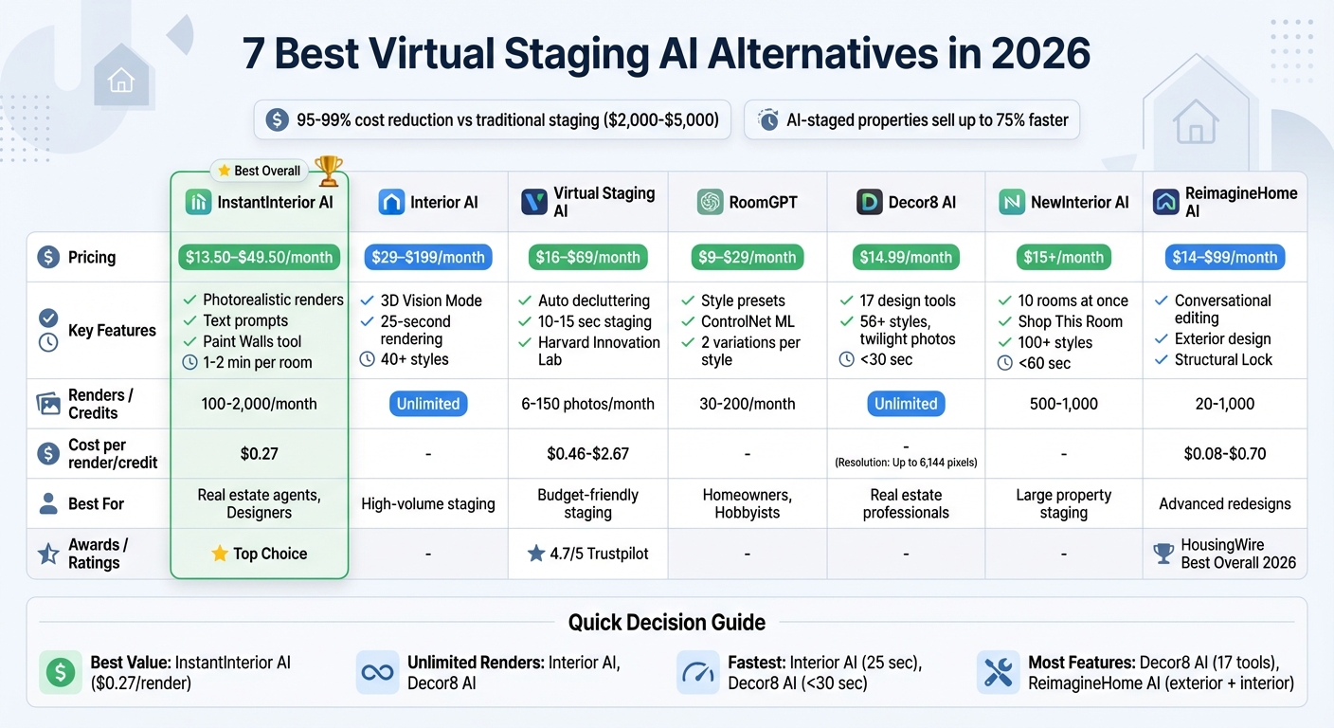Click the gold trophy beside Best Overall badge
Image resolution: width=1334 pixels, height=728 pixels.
[329, 170]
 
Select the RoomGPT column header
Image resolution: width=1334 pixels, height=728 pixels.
[748, 202]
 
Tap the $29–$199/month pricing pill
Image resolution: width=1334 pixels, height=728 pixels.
[428, 257]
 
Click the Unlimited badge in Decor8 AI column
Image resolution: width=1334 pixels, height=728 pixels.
[906, 404]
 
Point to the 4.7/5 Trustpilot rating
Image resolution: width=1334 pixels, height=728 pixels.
[588, 554]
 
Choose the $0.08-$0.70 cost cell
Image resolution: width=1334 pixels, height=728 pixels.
[1225, 454]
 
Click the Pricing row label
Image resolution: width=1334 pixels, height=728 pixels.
[92, 257]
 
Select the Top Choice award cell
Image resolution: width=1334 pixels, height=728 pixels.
[260, 554]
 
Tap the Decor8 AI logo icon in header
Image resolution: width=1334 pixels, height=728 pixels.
[870, 202]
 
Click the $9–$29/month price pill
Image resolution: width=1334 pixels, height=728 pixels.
[748, 257]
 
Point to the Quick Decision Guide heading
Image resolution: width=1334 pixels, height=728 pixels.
[667, 623]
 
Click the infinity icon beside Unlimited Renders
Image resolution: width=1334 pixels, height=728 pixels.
[378, 672]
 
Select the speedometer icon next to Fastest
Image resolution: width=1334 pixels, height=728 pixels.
[698, 672]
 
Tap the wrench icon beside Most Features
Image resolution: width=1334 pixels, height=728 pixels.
[998, 672]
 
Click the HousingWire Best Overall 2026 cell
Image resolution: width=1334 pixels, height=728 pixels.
[1225, 554]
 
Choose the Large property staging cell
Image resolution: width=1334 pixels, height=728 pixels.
[1064, 504]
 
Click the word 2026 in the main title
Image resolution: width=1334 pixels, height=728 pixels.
[1040, 54]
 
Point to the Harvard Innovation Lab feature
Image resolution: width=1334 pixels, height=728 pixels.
[599, 351]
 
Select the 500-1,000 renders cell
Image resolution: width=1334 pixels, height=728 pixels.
[1064, 404]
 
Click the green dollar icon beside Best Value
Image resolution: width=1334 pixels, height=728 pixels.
[61, 672]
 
